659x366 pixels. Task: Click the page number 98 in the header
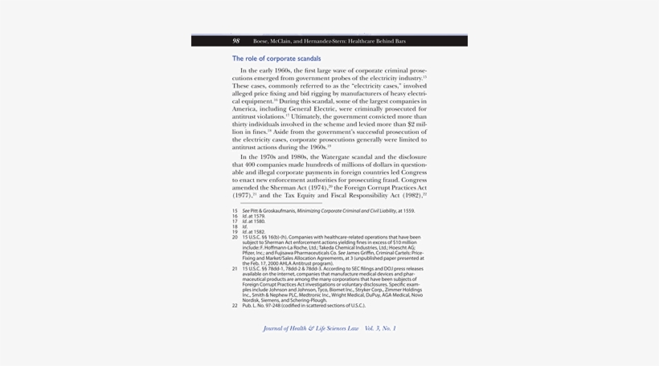pos(236,41)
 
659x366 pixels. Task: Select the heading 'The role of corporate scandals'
pos(276,59)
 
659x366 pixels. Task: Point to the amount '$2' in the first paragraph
pos(411,124)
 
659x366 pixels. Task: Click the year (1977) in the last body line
pos(242,195)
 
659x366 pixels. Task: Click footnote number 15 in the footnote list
pos(235,211)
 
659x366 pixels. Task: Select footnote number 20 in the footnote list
pos(235,238)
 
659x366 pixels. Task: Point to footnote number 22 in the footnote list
pos(235,306)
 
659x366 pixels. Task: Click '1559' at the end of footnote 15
pos(409,211)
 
